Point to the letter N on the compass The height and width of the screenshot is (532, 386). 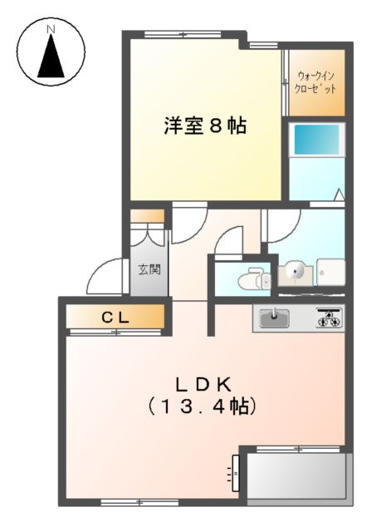pyautogui.click(x=51, y=31)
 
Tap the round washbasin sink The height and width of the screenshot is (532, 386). pyautogui.click(x=296, y=271)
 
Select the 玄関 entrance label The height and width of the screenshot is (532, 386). pyautogui.click(x=149, y=269)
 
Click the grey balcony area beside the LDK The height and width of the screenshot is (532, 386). pyautogui.click(x=296, y=477)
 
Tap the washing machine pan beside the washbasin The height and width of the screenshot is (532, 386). pyautogui.click(x=332, y=272)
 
